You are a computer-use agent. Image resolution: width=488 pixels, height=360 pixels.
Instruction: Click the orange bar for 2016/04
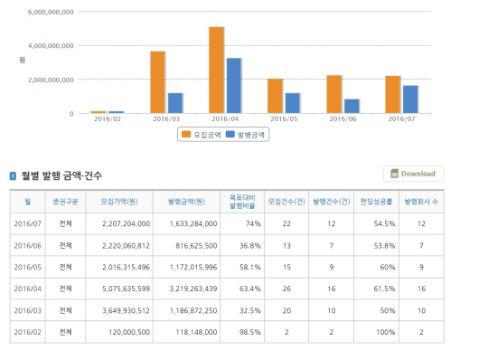coord(216,71)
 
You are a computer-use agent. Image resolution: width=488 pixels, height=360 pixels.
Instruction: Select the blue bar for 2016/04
coord(233,86)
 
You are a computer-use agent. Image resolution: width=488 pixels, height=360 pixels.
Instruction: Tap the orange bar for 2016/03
coord(157,82)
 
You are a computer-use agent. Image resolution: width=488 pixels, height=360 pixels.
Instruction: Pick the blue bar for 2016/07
coord(409,99)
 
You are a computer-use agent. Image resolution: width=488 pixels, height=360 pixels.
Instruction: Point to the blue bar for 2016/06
coord(351,106)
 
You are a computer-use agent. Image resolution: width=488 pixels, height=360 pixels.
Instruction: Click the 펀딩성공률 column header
coord(376,201)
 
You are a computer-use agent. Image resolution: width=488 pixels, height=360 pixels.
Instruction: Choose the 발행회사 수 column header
coord(421,201)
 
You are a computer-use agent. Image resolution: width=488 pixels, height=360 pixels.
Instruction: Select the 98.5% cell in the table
coord(249,332)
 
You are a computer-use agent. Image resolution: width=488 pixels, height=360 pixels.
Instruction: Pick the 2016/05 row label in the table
coord(28,267)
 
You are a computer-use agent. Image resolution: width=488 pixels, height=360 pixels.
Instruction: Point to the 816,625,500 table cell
coord(188,245)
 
